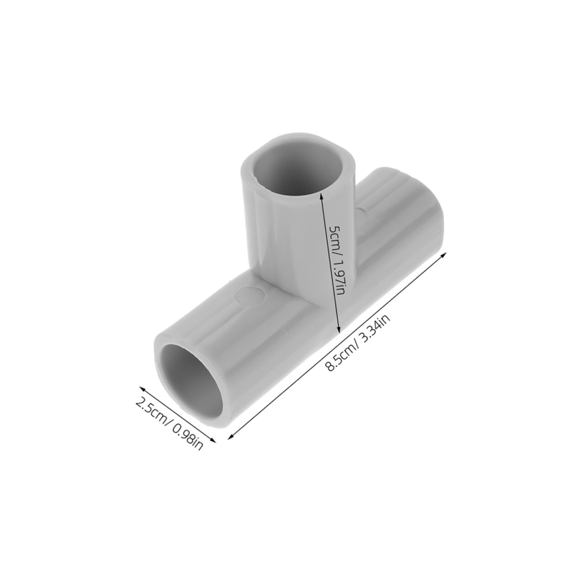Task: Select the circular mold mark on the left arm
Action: (251, 295)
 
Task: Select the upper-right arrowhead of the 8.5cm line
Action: (446, 255)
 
